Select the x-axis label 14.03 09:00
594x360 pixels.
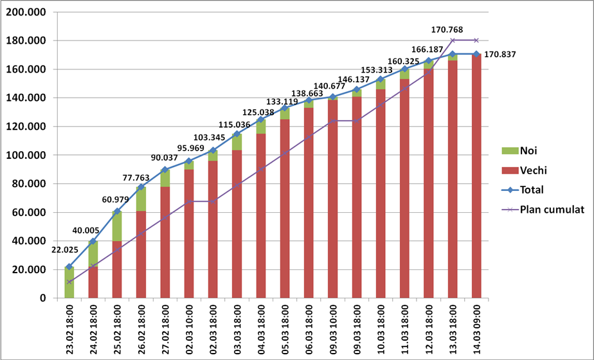pyautogui.click(x=476, y=328)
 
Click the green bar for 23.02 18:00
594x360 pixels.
pyautogui.click(x=69, y=283)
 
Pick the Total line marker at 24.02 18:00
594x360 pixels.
pyautogui.click(x=93, y=241)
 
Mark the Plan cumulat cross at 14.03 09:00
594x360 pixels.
pyautogui.click(x=476, y=40)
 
